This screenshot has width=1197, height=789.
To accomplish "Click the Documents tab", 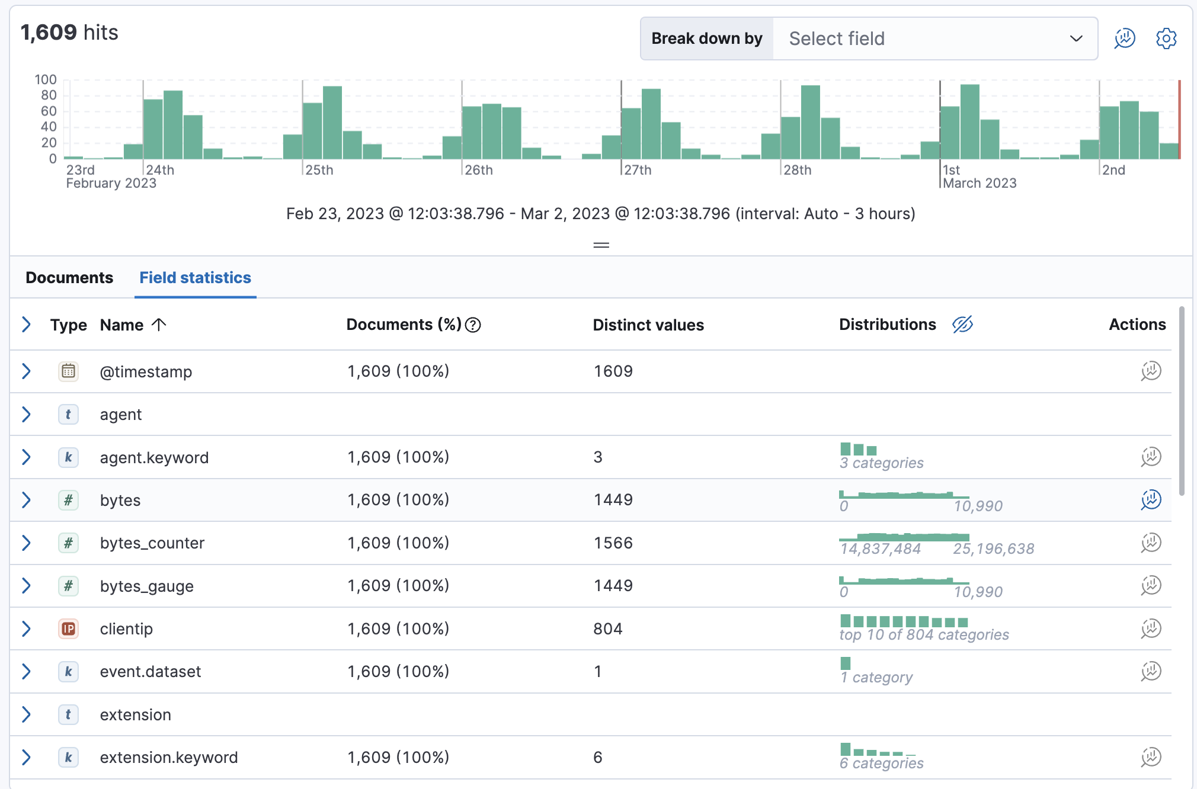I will click(69, 278).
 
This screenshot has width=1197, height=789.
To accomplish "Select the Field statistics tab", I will click(195, 278).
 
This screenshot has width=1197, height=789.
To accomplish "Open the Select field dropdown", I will click(934, 39).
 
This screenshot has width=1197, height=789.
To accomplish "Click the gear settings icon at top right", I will click(1166, 39).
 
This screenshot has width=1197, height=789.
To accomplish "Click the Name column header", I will click(122, 325).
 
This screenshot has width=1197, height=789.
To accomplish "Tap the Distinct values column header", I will click(648, 325).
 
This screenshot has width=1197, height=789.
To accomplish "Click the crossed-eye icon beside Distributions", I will click(962, 325).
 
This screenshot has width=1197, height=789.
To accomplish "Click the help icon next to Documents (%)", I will click(473, 325).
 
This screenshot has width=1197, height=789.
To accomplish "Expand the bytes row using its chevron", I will click(26, 501).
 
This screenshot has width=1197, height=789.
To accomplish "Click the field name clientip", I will click(126, 629).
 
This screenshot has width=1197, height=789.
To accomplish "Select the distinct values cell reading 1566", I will click(613, 543).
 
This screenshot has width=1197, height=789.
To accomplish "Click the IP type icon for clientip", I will click(69, 629).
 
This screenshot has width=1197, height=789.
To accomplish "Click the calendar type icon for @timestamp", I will click(69, 371).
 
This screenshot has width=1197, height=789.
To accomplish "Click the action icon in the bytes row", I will click(1151, 500).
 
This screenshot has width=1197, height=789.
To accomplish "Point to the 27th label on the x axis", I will click(638, 170).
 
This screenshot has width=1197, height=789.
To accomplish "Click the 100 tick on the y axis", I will click(46, 79).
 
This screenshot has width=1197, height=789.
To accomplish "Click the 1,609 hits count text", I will click(69, 33).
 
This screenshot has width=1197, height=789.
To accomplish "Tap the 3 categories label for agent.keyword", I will click(881, 463).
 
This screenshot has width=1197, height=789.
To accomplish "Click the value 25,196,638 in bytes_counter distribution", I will click(993, 549).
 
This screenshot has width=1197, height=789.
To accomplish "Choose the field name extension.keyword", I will click(169, 758).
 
